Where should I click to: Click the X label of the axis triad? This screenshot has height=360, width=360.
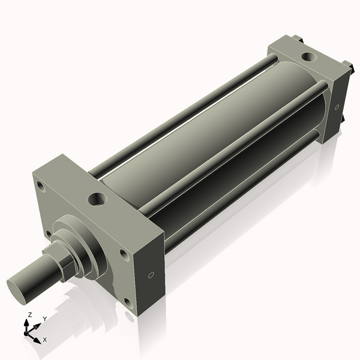coord(45,340)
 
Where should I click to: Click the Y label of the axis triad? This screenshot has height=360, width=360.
coord(44,319)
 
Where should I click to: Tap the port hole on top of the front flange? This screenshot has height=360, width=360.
coord(97,197)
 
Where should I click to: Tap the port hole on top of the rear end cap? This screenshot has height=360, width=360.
coord(308,57)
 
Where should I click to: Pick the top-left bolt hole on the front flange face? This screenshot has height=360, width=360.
coord(40,185)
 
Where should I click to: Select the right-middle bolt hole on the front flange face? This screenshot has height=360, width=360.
coord(124,254)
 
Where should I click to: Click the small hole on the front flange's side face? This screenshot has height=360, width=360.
coord(151,275)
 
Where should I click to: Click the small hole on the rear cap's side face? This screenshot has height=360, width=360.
coord(338,107)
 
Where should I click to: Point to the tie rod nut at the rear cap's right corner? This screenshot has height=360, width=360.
coord(346,65)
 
